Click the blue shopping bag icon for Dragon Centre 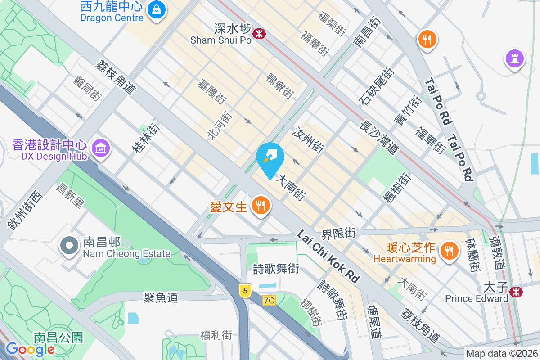tap(156, 9)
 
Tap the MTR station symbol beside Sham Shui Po tap(259, 33)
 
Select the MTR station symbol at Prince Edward tap(516, 292)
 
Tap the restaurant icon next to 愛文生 tap(261, 206)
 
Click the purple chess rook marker tap(515, 58)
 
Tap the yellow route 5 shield tap(245, 291)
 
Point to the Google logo tap(30, 349)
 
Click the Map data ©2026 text tap(502, 353)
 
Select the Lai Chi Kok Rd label tap(329, 257)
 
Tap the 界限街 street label tap(338, 234)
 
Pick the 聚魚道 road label tap(161, 297)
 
